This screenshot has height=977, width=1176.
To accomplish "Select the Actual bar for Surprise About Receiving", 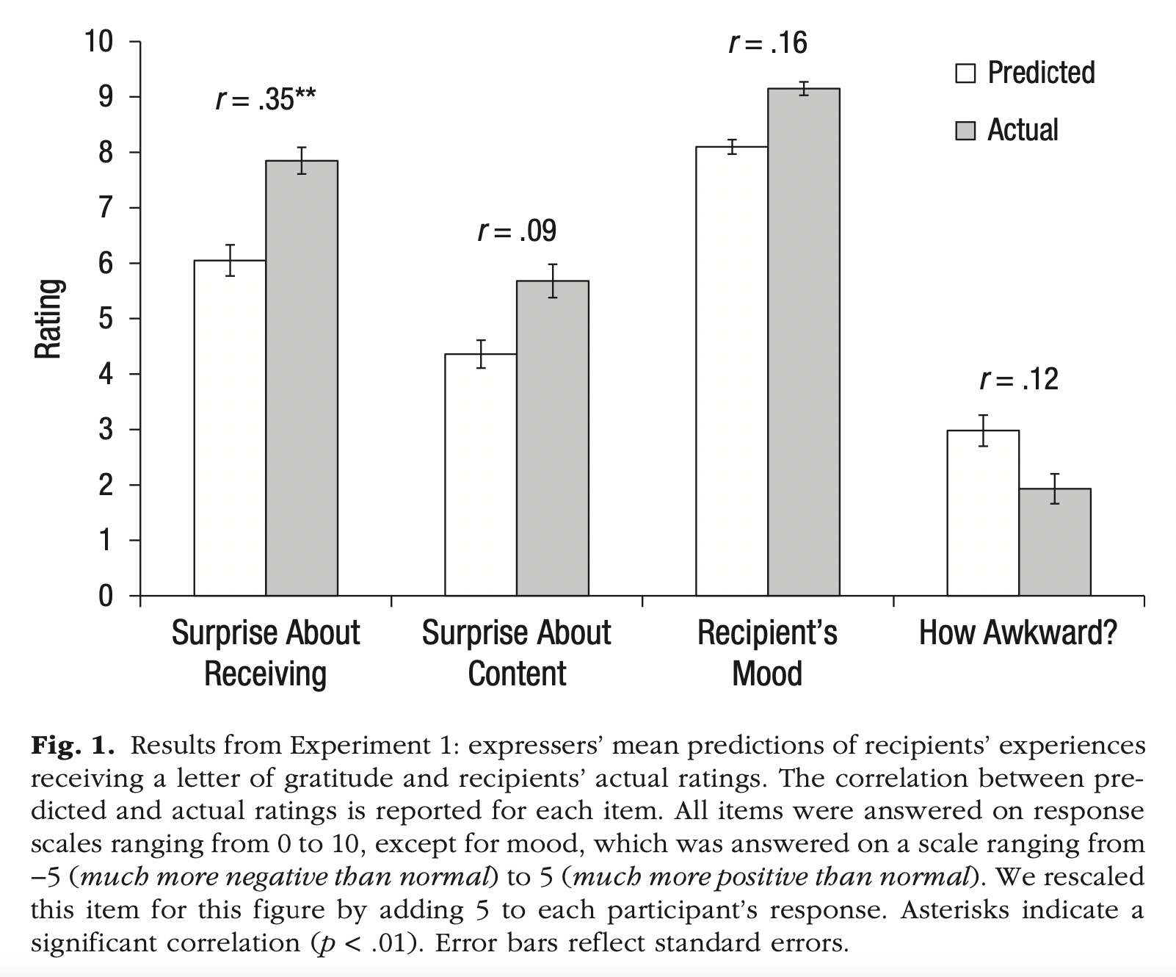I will point(302,378).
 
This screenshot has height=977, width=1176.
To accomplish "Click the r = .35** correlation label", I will point(266,99).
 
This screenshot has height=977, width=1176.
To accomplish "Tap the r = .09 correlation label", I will point(517,231).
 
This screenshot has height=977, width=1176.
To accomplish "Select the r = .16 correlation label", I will point(768,43).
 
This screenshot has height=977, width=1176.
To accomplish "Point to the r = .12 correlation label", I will point(1019,379).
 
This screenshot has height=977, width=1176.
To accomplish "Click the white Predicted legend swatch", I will point(965,73).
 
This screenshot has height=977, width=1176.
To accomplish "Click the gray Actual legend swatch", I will point(965,131).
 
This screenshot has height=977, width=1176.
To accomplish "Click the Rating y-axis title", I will point(48,319).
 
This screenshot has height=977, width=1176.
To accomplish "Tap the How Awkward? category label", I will point(1018,632).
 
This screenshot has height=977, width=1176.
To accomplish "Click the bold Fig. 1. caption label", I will point(73,746).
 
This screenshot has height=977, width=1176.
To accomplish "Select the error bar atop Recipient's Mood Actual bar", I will point(804,88).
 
